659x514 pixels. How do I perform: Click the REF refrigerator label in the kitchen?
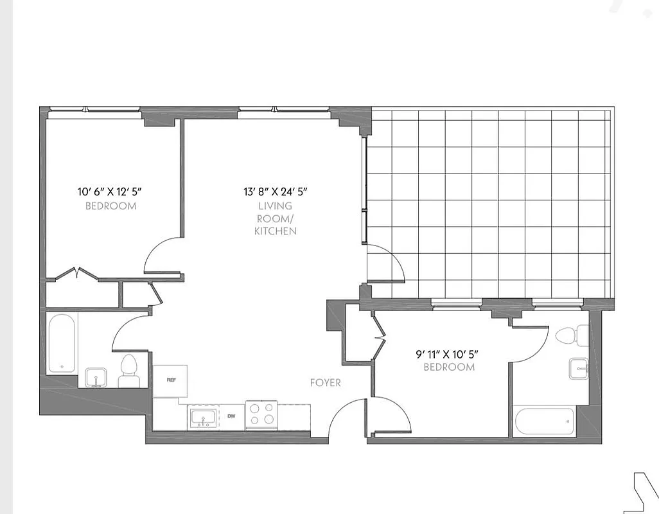coord(171,380)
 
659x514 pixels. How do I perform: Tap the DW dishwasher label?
coord(231,416)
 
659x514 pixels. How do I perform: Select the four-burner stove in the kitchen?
coord(262,415)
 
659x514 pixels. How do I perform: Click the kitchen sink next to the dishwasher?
coord(204,418)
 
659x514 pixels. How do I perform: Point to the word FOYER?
coord(326,383)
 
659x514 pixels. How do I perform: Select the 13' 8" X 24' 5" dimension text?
coord(276,191)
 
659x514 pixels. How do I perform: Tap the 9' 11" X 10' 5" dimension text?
coord(448,354)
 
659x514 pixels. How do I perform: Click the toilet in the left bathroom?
coord(129,371)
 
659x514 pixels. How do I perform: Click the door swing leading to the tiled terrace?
coord(385,263)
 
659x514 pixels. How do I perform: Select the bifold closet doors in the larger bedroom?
coord(76,274)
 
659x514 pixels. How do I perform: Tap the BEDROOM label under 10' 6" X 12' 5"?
coord(110,206)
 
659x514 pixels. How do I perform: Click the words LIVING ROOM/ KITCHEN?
coord(276,218)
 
